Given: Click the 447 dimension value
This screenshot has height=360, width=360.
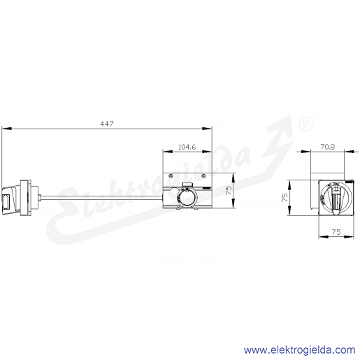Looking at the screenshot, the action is pos(107,124).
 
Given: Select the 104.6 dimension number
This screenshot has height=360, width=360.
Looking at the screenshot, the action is pos(187,147).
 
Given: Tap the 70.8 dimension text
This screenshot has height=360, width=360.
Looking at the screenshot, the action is pos(328,147).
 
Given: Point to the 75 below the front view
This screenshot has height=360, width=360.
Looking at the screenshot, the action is pos(336,232).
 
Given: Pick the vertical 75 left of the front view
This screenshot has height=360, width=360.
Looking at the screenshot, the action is pos(285,198).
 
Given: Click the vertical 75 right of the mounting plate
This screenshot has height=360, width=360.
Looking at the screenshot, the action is pos(229,190).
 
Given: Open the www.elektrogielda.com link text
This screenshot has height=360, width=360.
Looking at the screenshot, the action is pos(299,350).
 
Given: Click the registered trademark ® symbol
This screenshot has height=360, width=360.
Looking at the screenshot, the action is pos(306,123).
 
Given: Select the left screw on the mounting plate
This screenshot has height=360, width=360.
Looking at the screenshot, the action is pos(171,176).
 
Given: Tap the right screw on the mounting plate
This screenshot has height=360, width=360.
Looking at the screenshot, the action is pos(203,176).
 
